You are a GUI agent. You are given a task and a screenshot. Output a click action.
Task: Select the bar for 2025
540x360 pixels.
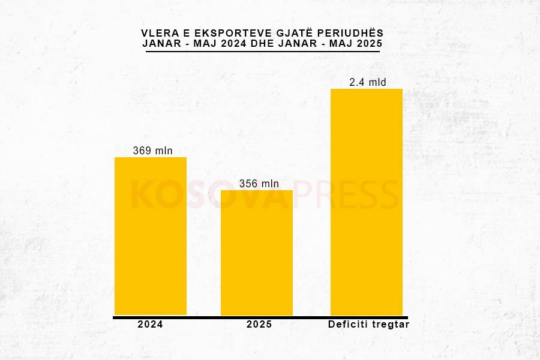[x=257, y=253]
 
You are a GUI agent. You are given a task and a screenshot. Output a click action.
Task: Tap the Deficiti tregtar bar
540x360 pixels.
[x=367, y=202]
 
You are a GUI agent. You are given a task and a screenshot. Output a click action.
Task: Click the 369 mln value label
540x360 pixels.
[x=152, y=151]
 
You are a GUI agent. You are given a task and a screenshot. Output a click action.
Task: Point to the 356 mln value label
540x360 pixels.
[x=259, y=184]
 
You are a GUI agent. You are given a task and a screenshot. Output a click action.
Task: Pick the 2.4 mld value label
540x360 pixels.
[x=368, y=82]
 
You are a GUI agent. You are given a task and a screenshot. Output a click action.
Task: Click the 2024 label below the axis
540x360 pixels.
[x=150, y=325]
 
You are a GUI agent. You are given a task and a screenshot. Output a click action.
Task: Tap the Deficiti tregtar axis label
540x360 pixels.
[x=368, y=325]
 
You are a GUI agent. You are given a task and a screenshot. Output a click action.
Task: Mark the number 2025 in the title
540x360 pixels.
[x=367, y=44]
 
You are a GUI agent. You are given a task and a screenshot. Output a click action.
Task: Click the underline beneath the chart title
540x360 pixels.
[x=263, y=52]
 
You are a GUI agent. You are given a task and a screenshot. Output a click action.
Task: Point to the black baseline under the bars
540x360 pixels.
[x=260, y=317]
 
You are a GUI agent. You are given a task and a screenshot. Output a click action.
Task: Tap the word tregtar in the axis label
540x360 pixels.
[x=390, y=325]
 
